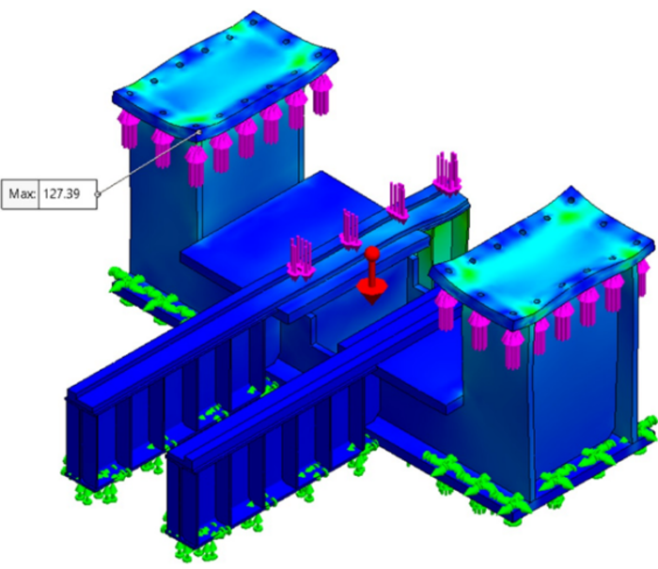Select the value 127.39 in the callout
click(61, 194)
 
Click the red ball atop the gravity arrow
click(371, 253)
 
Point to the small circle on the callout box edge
click(98, 194)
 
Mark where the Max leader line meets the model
click(198, 133)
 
